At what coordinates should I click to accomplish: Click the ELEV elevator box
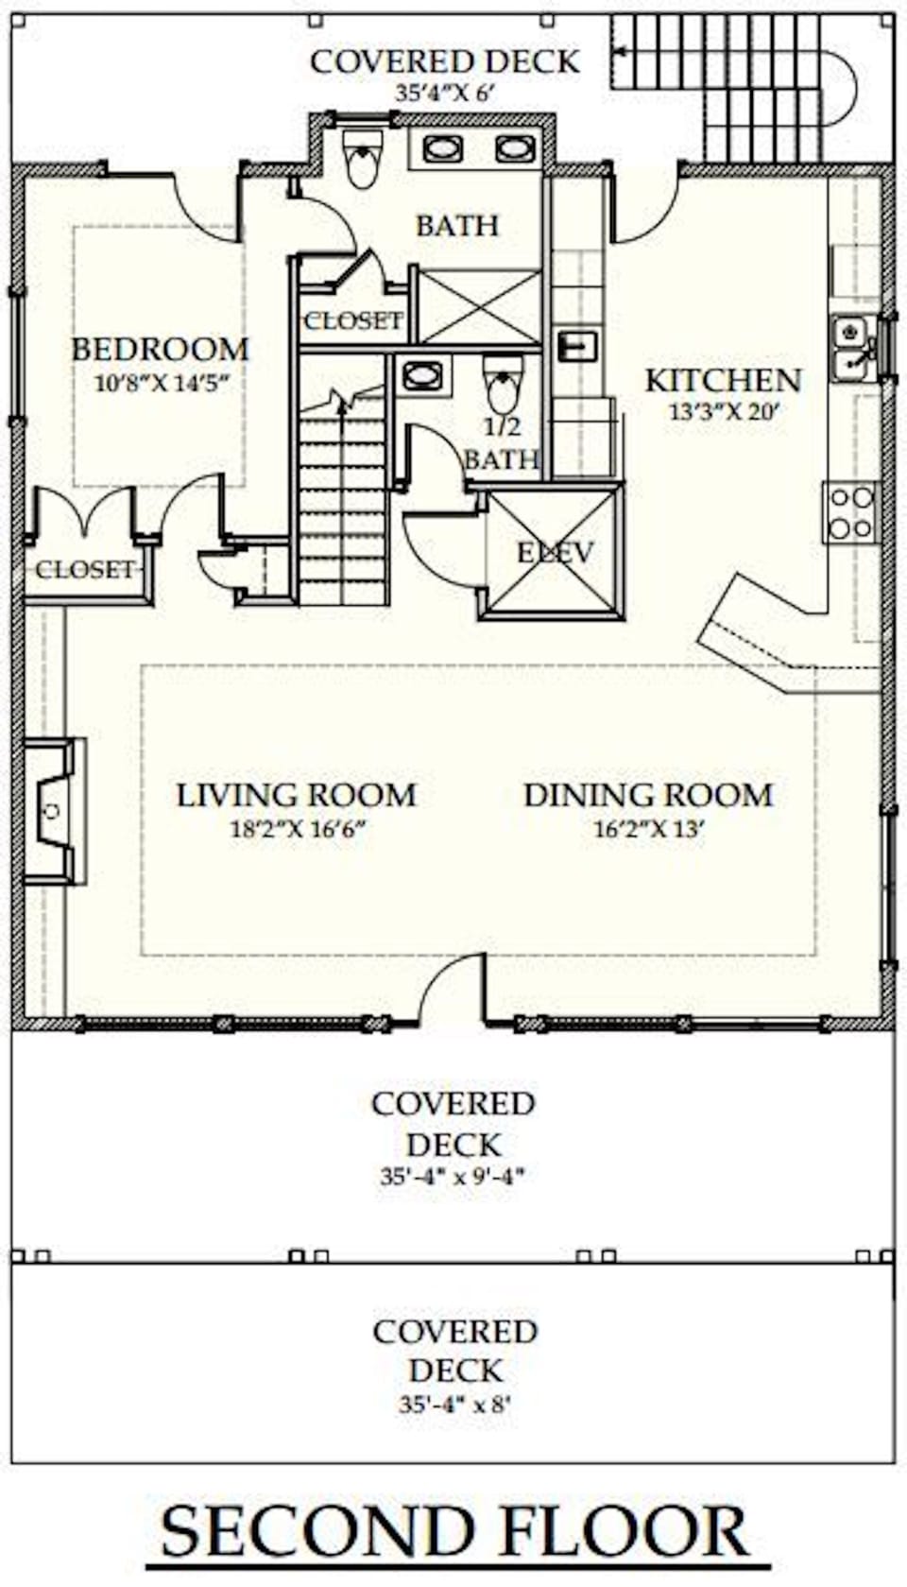point(554,552)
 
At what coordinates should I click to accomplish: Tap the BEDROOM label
point(161,350)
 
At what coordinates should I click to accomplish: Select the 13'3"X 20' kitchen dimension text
point(724,412)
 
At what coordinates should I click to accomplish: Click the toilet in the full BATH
point(362,159)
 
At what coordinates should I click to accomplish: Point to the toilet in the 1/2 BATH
point(503,382)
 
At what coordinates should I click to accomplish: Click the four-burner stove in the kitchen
point(851,513)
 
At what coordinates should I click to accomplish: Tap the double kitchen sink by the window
point(851,347)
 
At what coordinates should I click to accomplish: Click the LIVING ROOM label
point(296,795)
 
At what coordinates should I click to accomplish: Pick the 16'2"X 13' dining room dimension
point(648,830)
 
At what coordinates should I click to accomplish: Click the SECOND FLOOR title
point(454,1532)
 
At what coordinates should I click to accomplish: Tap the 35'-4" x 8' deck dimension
point(454,1405)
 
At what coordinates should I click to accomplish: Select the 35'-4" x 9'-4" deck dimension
point(453,1177)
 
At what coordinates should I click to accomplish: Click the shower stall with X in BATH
point(480,307)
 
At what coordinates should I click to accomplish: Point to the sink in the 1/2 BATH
point(419,375)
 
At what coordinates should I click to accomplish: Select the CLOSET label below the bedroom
point(85,570)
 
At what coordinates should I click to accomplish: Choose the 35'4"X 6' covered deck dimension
point(445,93)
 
